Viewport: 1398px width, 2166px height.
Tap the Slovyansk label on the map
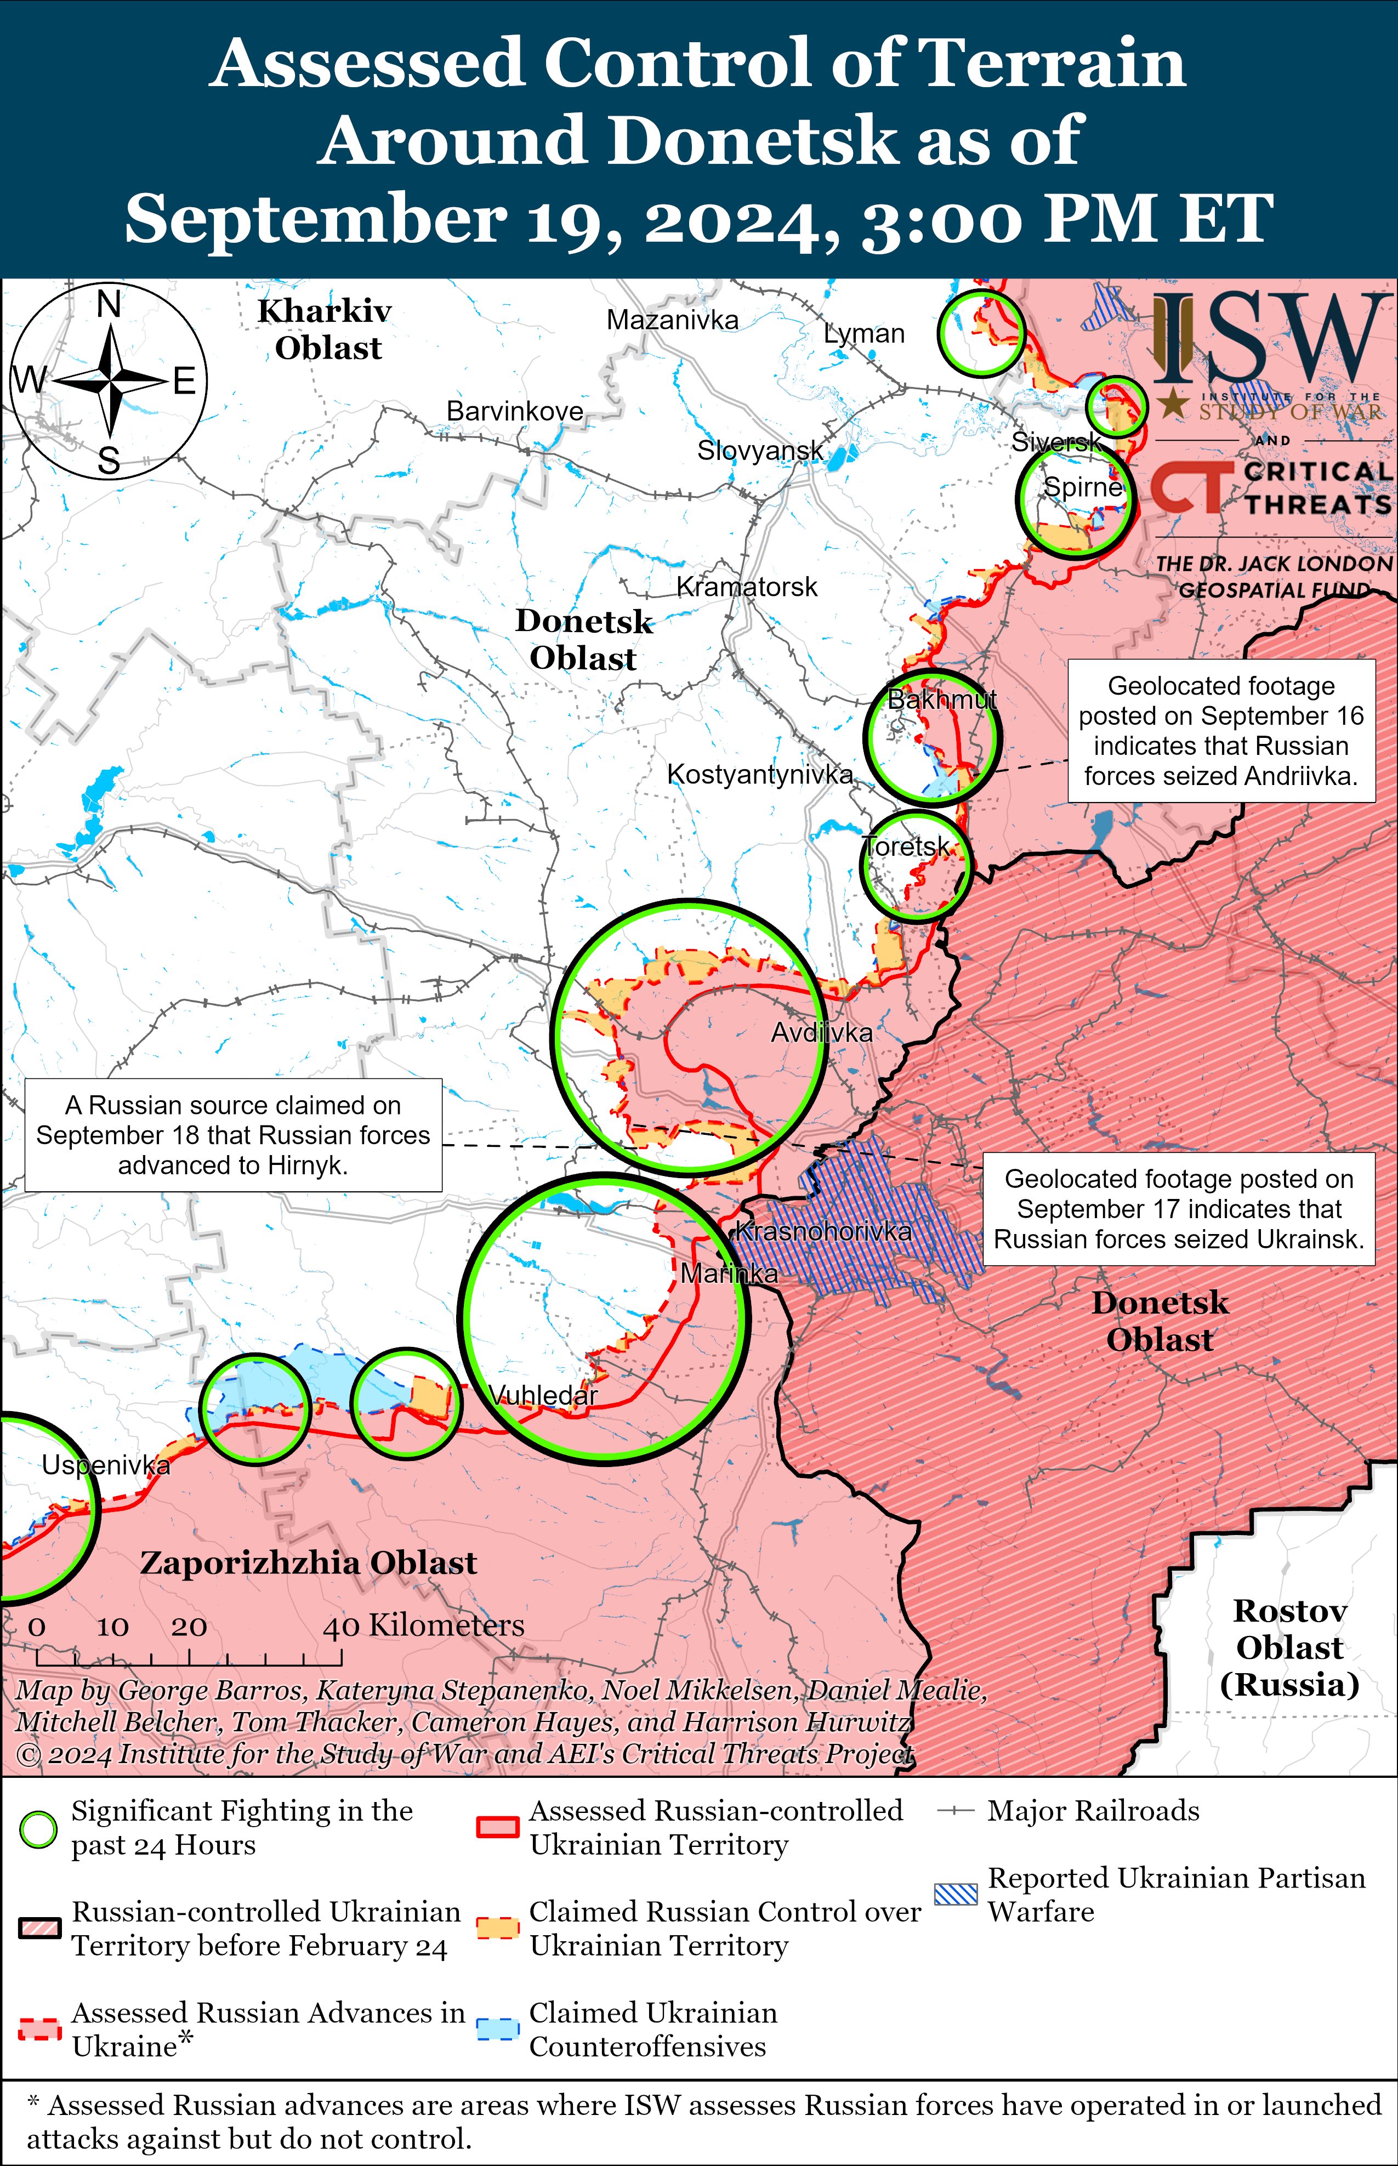(x=760, y=450)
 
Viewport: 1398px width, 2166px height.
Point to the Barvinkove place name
(x=515, y=411)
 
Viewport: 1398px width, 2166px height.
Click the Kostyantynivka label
(x=760, y=774)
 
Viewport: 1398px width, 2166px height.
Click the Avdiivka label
(x=822, y=1032)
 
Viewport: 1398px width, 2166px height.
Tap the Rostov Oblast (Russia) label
(x=1288, y=1647)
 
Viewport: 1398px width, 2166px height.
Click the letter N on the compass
(x=109, y=304)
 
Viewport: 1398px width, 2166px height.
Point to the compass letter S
(x=109, y=461)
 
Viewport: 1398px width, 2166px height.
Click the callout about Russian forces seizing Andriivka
(x=1221, y=731)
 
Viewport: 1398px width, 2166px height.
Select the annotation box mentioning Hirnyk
(x=234, y=1135)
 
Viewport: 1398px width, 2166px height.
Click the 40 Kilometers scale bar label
(x=423, y=1625)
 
